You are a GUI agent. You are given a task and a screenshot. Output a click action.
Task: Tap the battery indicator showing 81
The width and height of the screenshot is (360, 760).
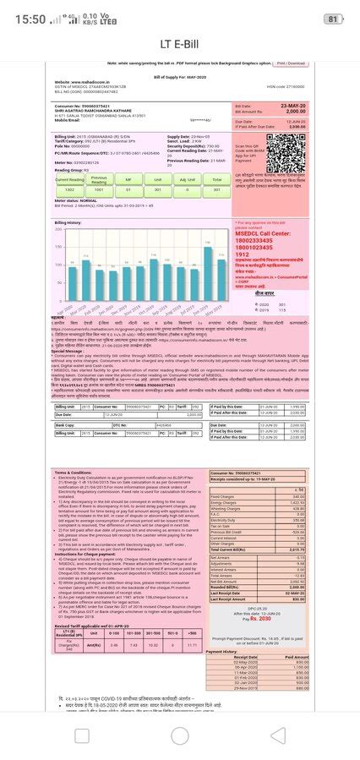[333, 19]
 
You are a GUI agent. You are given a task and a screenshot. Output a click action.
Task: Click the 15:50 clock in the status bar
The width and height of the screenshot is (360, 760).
[30, 19]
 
